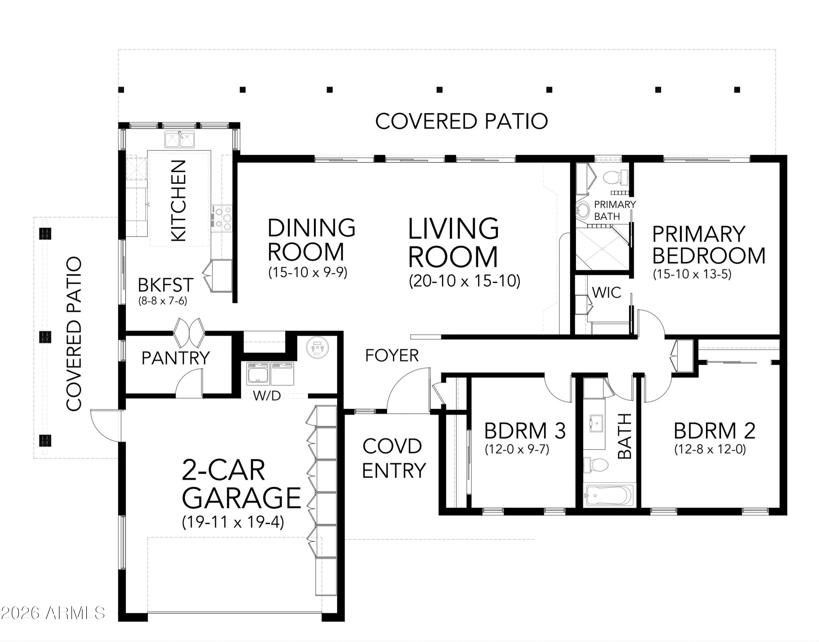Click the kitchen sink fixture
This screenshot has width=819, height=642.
(180, 139)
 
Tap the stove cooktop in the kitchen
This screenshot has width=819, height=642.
(222, 218)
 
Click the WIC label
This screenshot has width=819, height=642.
(606, 292)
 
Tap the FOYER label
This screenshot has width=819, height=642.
(392, 356)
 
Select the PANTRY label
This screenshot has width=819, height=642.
(175, 358)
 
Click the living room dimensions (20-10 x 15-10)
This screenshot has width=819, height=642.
(464, 281)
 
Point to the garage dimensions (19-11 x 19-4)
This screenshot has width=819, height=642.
(233, 522)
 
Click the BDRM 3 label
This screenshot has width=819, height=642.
(525, 431)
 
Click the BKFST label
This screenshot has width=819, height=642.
(165, 285)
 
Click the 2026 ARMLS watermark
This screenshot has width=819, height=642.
(53, 613)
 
